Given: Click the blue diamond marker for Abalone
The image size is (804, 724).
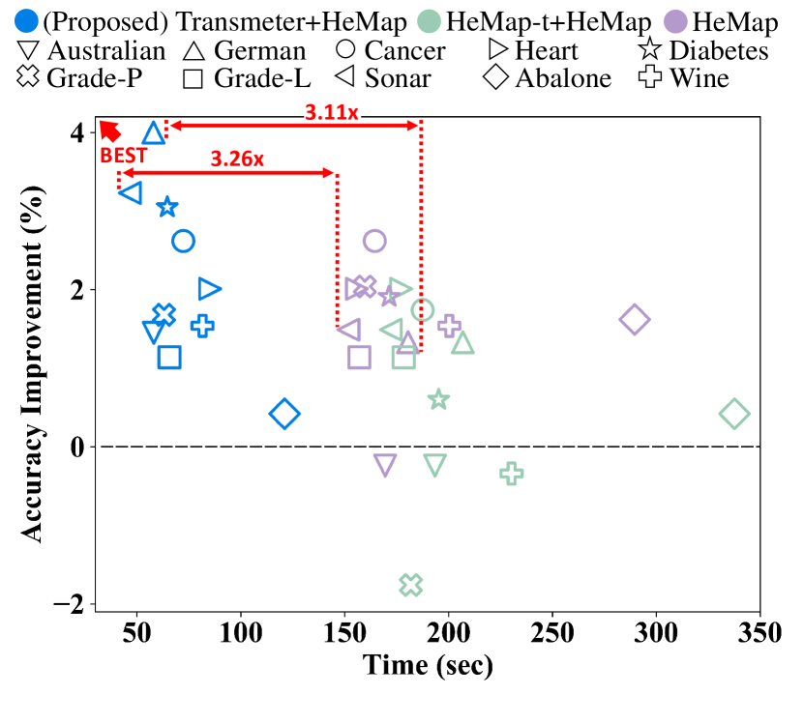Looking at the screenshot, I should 283,414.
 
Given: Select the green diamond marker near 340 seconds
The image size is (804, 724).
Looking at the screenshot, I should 734,414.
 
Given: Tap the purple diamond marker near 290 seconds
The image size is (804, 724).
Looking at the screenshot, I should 635,319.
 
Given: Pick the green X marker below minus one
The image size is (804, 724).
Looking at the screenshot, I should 411,585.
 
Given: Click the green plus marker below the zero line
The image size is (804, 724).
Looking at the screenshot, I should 512,473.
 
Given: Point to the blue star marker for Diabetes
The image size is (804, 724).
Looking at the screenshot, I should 167,207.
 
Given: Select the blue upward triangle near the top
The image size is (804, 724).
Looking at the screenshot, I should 153,133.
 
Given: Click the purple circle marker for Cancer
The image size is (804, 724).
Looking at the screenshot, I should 375,241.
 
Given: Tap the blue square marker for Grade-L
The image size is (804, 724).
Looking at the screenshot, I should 169,357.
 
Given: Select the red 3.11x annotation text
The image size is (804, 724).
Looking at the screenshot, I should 331,113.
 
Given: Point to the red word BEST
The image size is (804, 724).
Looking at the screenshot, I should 124,154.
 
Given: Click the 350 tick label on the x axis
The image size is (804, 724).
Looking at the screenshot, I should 759,639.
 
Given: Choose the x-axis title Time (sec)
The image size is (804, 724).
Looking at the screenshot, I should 428,667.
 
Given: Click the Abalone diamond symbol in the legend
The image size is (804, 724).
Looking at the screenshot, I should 496,78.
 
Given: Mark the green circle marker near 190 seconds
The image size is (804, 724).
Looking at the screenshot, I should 423,309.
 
